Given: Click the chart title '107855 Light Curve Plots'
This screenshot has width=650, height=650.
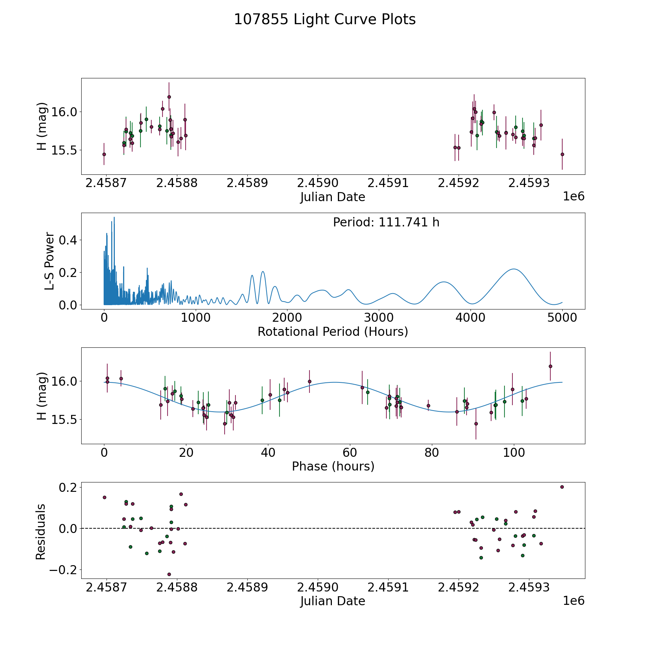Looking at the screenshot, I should coord(325,19).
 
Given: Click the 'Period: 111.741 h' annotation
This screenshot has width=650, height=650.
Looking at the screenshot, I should coord(386,222).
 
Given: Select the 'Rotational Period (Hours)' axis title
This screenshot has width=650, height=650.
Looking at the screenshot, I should coord(333,331).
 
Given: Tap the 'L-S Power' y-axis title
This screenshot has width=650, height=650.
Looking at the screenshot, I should coord(49,261).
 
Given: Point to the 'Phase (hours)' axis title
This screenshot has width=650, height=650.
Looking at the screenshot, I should coord(333,466).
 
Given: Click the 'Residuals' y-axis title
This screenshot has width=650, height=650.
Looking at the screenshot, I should coord(41,532).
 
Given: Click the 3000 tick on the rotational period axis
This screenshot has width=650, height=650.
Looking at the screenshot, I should coord(379,318).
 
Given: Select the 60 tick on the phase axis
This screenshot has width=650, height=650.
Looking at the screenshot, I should coord(350,452).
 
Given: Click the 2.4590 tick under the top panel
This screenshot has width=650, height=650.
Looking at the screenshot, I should coord(318,183).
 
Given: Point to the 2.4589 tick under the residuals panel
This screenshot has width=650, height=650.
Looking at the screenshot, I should coord(247,587).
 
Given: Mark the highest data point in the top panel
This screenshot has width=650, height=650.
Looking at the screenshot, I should coord(169,97).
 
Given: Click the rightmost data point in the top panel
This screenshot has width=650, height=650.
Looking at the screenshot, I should coord(562,154).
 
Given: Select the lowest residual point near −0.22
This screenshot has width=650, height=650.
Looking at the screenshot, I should coord(169,574).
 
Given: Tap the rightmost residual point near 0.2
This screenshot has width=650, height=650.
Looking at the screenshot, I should coord(562,487).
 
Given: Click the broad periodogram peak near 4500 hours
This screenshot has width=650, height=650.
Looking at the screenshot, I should coord(513,269).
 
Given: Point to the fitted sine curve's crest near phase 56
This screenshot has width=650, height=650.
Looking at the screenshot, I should coord(335,382).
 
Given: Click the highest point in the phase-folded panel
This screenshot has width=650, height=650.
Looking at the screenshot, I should coord(550,366).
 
